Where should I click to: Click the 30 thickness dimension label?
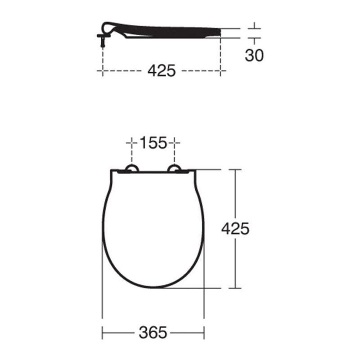point(254,55)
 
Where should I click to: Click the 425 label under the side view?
point(162,71)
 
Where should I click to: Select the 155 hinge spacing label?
point(153,143)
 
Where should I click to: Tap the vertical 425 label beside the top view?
point(235,229)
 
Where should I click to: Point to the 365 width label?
point(153,333)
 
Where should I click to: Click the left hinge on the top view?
point(132,168)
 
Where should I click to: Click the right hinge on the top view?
point(175,168)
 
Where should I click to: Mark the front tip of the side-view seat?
point(221,32)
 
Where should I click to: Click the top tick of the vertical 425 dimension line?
point(235,170)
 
